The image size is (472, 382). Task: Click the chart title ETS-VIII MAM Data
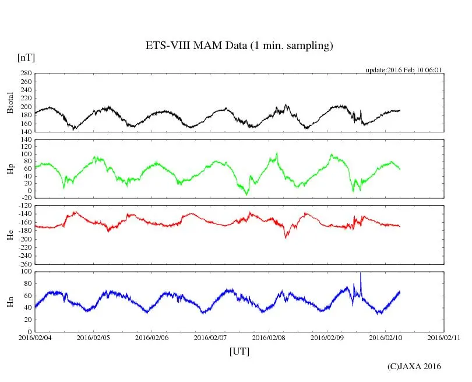(239, 46)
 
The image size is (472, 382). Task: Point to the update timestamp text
(404, 70)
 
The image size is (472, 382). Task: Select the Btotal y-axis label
(10, 103)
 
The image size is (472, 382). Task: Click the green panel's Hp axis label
(10, 169)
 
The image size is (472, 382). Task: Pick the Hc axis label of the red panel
(10, 235)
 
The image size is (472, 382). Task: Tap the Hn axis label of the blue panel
(10, 302)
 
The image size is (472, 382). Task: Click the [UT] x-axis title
(239, 351)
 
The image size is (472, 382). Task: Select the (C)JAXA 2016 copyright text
(414, 366)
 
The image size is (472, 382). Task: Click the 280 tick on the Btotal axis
(26, 73)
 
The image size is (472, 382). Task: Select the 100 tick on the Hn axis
(26, 272)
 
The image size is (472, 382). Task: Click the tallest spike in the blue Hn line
(361, 273)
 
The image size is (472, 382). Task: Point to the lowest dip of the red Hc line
(286, 237)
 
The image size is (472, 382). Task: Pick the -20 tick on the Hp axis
(26, 198)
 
